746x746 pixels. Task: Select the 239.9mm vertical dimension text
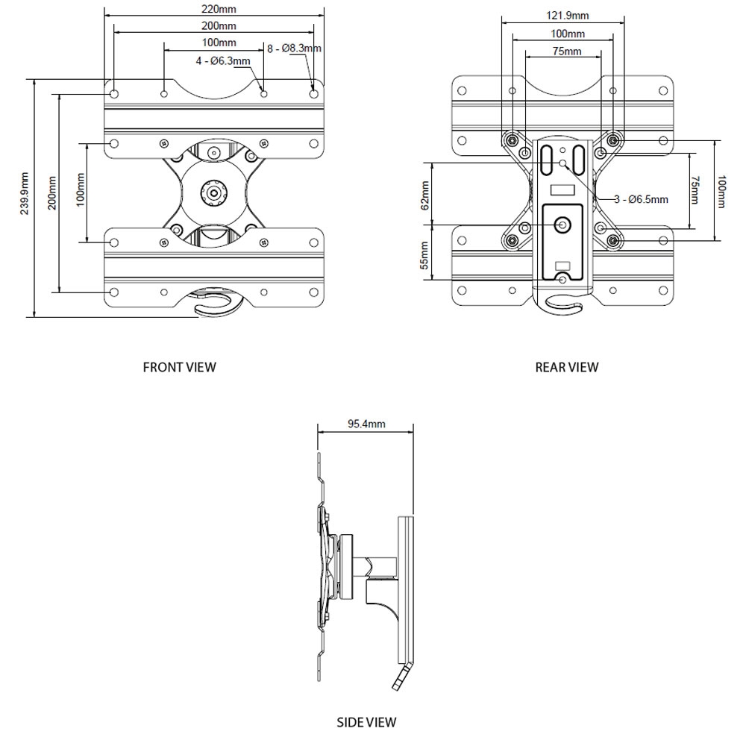(25, 196)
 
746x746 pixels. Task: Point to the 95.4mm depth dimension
(366, 424)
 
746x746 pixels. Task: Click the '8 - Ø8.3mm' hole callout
(294, 48)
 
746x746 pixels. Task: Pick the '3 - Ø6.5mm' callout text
(642, 199)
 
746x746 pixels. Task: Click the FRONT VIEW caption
(179, 367)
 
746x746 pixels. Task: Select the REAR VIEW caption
(567, 367)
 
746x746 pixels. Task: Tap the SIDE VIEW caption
(366, 722)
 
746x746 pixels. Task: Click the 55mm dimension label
(424, 254)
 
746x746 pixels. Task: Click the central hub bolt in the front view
(215, 192)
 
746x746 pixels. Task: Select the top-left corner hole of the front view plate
(113, 95)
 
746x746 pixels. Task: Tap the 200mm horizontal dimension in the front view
(214, 25)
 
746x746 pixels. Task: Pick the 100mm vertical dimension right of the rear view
(720, 192)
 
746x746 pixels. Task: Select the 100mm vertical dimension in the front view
(80, 191)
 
